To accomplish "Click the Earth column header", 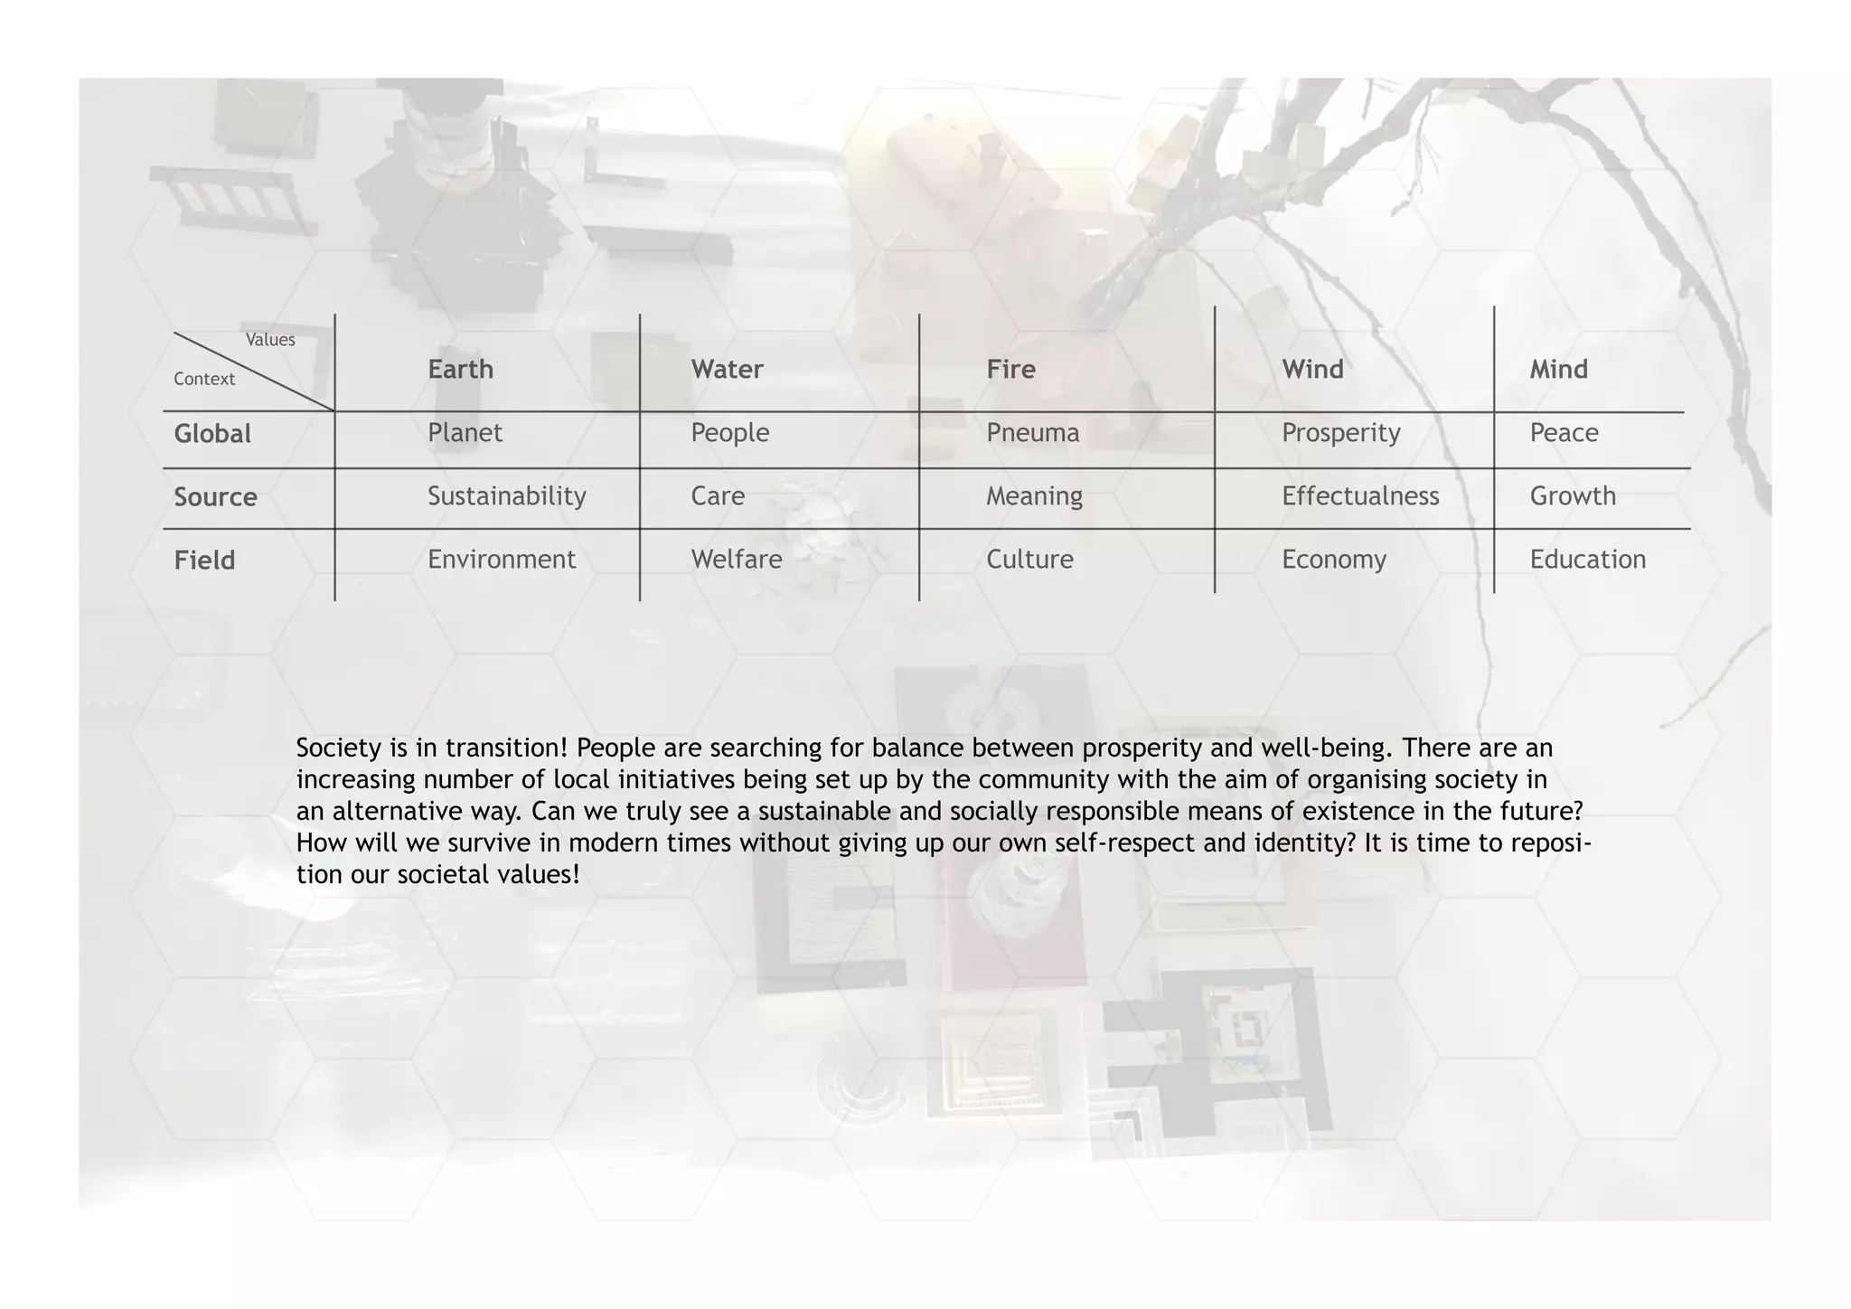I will tap(460, 369).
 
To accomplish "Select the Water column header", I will tap(727, 369).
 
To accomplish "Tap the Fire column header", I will tap(1010, 369).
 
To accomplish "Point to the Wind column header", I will tap(1312, 369).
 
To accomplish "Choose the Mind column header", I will tap(1558, 369).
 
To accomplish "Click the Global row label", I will tap(212, 434).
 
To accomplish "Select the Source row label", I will tap(215, 497).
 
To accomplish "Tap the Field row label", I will tap(204, 560).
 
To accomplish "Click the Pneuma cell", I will tap(1032, 433).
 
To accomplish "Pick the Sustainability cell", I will tap(506, 496).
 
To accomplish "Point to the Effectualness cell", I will tap(1359, 496).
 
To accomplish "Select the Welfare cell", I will tap(736, 560).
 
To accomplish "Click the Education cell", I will tap(1587, 560).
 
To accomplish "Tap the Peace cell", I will tap(1564, 433).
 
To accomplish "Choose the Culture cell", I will tap(1029, 560).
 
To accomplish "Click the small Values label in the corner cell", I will tap(270, 340).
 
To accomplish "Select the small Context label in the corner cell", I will tap(204, 379).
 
